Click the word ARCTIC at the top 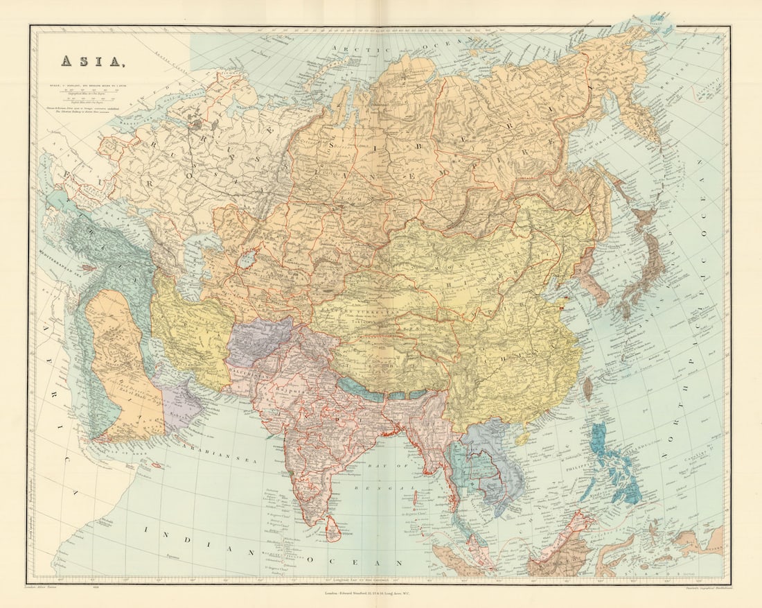tap(353, 48)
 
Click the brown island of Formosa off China tap(588, 388)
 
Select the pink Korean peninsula tap(596, 281)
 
